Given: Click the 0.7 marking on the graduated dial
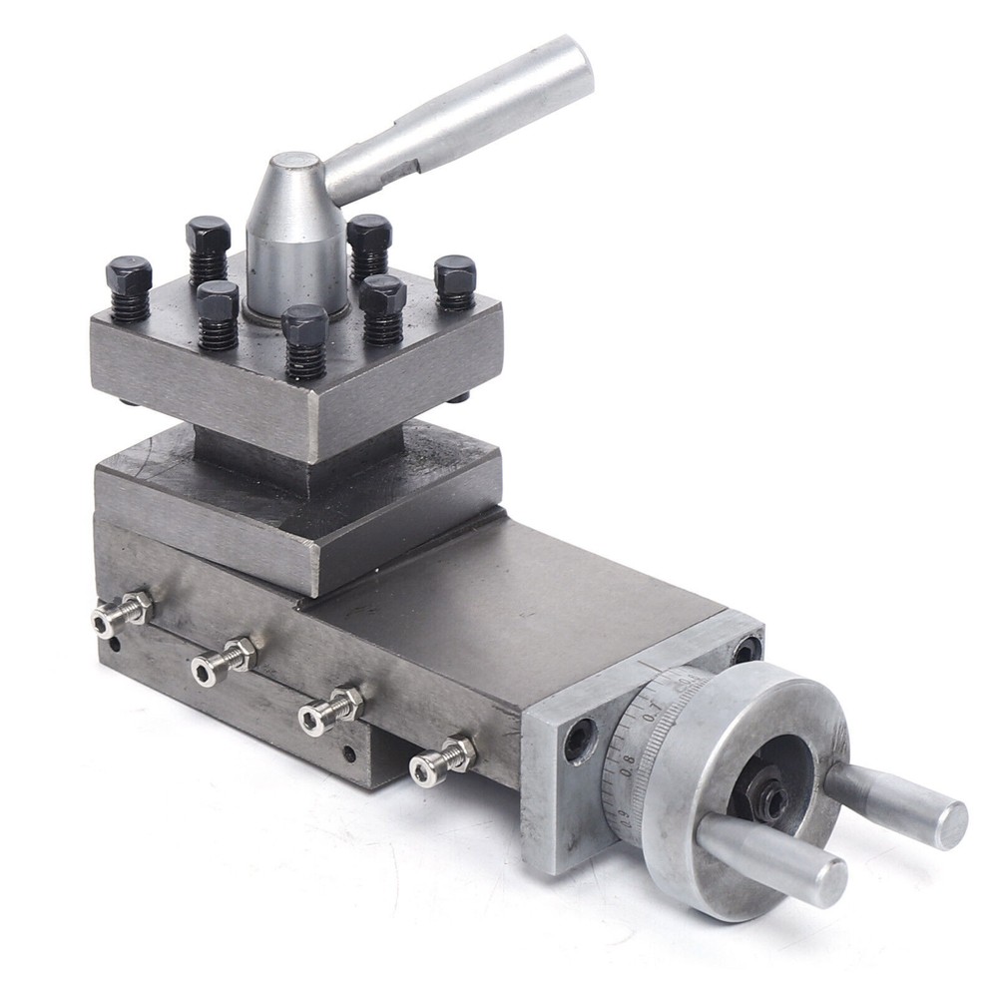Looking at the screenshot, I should click(x=652, y=717).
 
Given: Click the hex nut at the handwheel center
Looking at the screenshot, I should click(x=766, y=799).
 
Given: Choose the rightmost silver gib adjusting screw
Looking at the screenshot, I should click(x=443, y=760).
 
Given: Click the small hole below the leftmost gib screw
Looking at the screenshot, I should click(x=116, y=644).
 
